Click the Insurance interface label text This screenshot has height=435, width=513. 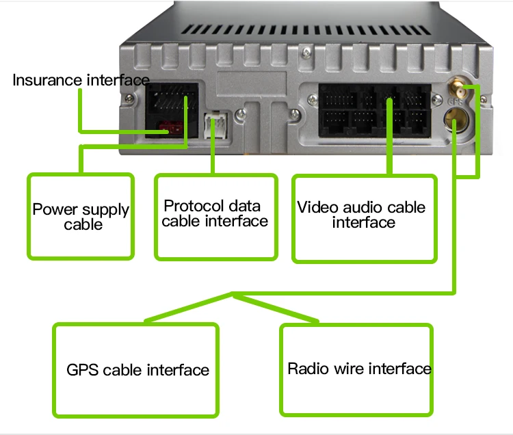[81, 80]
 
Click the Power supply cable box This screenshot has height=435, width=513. [81, 216]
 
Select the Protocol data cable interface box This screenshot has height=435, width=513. [215, 216]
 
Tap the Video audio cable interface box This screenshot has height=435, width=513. [363, 218]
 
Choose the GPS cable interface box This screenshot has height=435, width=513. [135, 369]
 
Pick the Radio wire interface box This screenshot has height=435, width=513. [358, 369]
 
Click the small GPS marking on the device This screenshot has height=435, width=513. [453, 103]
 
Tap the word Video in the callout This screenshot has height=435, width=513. [313, 207]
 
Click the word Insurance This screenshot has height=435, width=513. [47, 80]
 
